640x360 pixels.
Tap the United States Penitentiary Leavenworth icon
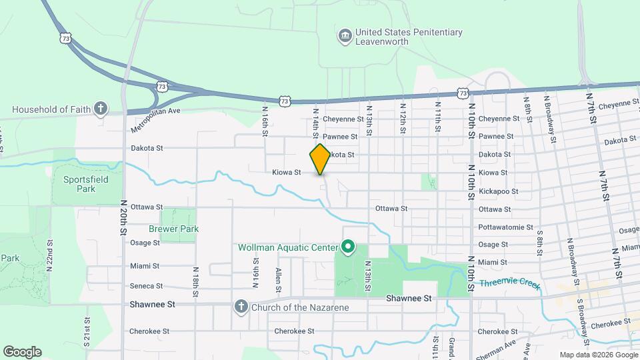[345, 35]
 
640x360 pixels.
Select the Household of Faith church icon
[100, 108]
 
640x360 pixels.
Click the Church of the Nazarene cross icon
[241, 307]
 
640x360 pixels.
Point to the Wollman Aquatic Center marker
[347, 248]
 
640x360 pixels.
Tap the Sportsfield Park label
[85, 184]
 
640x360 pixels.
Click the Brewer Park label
[174, 229]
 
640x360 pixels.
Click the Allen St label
[278, 279]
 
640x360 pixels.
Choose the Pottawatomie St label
[505, 227]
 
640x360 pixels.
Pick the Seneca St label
[147, 286]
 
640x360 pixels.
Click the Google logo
[22, 352]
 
